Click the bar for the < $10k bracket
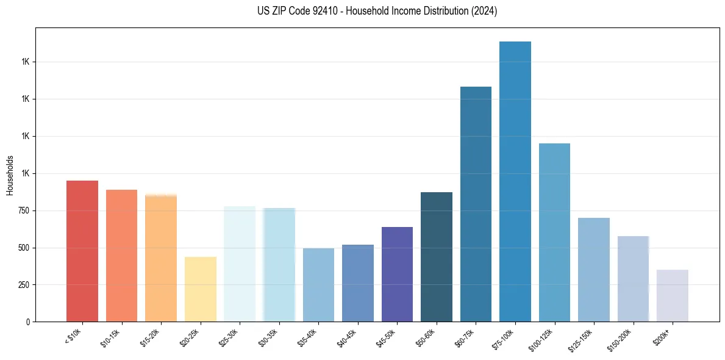(x=82, y=251)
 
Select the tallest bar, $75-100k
(x=515, y=181)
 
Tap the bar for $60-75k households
(x=476, y=204)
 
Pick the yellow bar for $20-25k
(x=201, y=289)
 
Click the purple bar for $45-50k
(x=397, y=274)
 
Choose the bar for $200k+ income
(x=673, y=295)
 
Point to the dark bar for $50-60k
(x=437, y=257)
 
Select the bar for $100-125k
(x=554, y=232)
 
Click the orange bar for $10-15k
(x=121, y=256)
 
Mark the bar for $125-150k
(x=594, y=270)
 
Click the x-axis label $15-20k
(x=151, y=337)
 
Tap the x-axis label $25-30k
(x=230, y=337)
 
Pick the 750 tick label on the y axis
(x=24, y=211)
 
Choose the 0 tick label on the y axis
(x=28, y=322)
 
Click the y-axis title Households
(x=10, y=175)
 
